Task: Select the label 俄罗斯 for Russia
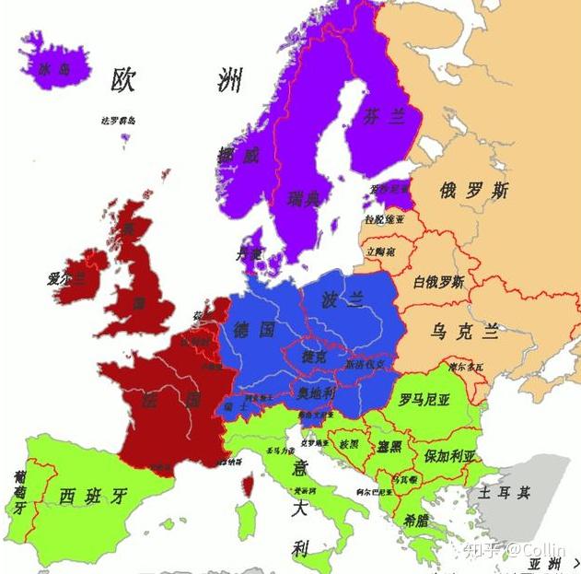[473, 192]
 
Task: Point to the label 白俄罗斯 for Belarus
[438, 281]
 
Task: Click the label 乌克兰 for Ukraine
[466, 331]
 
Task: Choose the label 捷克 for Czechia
[313, 356]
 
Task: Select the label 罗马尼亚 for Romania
[424, 400]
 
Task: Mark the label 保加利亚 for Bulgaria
[450, 455]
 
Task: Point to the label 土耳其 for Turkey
[504, 493]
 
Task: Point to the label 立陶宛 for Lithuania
[380, 251]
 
